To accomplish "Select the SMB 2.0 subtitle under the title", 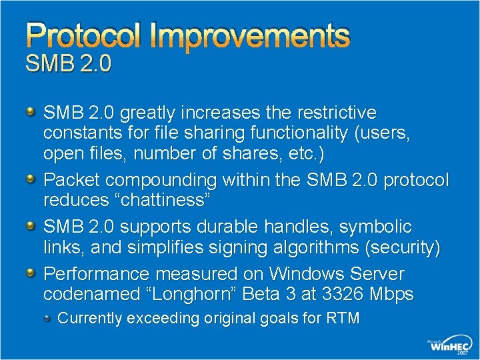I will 68,65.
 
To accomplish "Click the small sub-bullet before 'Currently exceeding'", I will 49,317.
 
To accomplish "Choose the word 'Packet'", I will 72,180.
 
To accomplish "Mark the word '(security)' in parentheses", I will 403,248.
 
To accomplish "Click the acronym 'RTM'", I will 341,318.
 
